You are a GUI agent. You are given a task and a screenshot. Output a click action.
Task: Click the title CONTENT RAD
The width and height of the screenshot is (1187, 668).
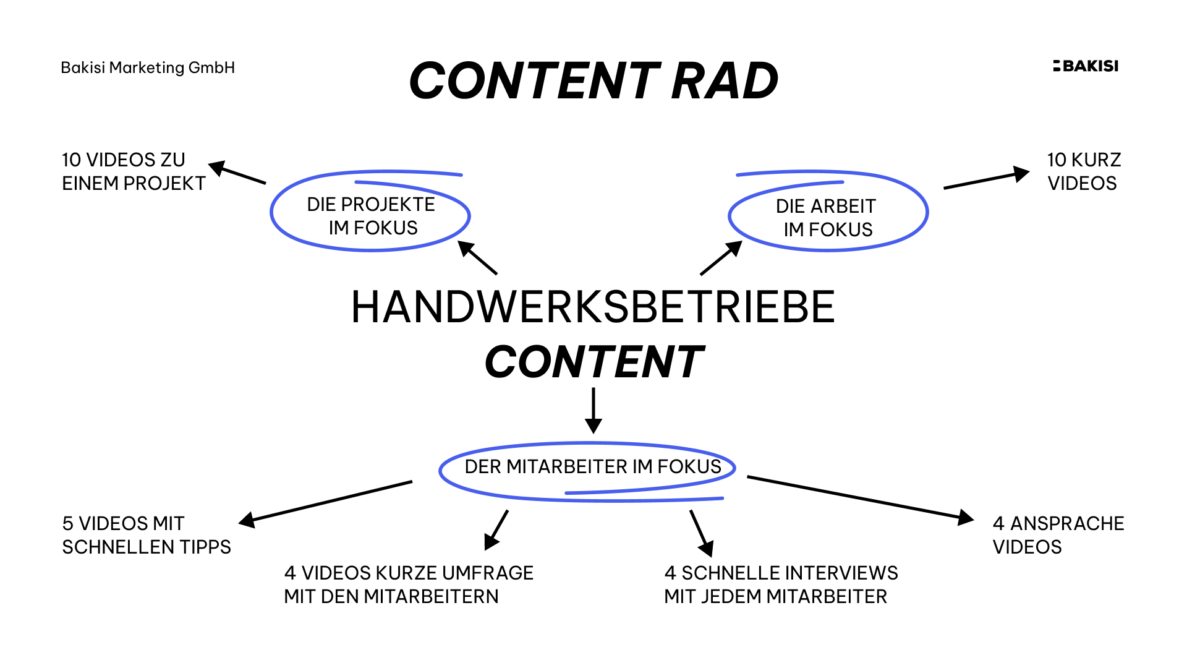(x=593, y=81)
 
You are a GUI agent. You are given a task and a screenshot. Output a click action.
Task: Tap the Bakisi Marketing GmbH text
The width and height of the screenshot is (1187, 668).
(x=148, y=67)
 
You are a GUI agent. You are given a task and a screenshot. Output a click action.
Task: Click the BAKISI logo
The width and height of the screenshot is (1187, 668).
(x=1086, y=66)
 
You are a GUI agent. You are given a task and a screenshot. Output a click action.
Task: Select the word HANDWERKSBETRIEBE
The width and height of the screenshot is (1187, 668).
(x=593, y=307)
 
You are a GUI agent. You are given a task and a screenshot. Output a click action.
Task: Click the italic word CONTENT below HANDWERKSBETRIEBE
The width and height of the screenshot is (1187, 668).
(x=593, y=362)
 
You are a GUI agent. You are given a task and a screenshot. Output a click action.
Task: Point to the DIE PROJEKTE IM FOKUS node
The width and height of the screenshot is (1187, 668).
(x=372, y=215)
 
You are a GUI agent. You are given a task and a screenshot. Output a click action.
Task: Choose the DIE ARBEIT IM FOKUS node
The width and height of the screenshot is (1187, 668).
(x=827, y=217)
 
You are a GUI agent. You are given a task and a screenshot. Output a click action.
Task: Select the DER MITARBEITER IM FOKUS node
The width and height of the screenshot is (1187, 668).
(x=592, y=467)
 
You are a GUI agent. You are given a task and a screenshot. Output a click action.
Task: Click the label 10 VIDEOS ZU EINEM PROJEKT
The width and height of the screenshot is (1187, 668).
(x=133, y=171)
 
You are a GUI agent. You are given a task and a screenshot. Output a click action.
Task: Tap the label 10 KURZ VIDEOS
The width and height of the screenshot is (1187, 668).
(x=1083, y=171)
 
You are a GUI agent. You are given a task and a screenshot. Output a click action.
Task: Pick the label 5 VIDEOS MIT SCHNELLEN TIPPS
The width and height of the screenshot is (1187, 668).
(x=146, y=535)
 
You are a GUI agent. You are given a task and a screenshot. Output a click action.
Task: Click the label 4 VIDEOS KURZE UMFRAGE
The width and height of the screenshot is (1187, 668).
(x=408, y=584)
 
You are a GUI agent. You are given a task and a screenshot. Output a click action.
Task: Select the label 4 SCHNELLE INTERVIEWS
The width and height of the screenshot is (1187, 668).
(x=781, y=584)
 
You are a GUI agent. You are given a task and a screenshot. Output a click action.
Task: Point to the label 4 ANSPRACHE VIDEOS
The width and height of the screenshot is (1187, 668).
(x=1058, y=535)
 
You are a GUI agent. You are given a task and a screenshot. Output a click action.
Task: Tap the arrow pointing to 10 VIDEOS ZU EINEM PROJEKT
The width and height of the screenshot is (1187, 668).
(x=237, y=173)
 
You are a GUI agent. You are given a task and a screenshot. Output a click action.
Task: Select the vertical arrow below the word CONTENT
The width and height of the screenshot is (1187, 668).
(x=593, y=411)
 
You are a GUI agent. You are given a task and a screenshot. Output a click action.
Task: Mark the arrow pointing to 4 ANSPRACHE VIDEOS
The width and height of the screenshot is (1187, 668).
(x=860, y=498)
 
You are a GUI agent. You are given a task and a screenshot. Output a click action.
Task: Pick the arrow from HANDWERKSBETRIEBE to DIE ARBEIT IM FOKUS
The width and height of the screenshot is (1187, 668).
(x=721, y=258)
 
